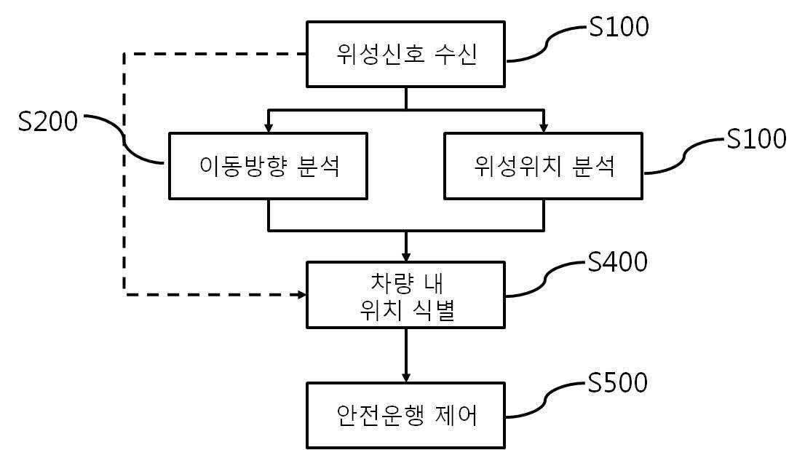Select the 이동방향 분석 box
[269, 165]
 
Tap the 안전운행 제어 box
[405, 415]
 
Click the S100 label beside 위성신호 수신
[618, 28]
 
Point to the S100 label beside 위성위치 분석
[756, 138]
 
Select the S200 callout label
[47, 122]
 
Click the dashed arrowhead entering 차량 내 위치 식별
[301, 294]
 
